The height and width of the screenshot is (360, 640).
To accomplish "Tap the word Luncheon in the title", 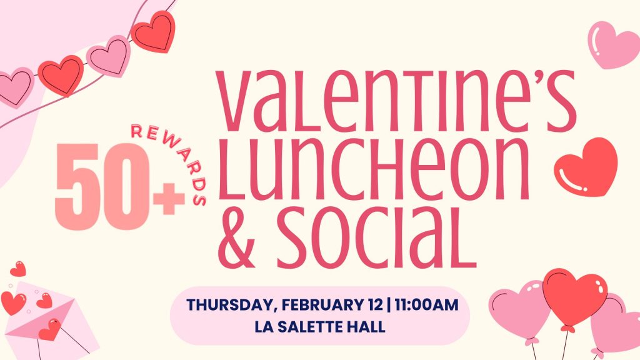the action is [374, 169].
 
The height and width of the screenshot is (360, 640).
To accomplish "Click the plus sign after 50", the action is [169, 199].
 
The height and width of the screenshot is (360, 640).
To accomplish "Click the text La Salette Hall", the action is [319, 326].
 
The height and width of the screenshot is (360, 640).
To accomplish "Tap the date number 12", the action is [374, 305].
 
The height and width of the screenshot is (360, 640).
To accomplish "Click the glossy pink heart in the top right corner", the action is [613, 44].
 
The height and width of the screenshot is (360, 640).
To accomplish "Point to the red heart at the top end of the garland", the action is [154, 32].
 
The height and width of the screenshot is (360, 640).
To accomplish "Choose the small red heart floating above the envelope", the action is [18, 269].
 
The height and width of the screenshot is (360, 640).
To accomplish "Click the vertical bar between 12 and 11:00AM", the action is [389, 305].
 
